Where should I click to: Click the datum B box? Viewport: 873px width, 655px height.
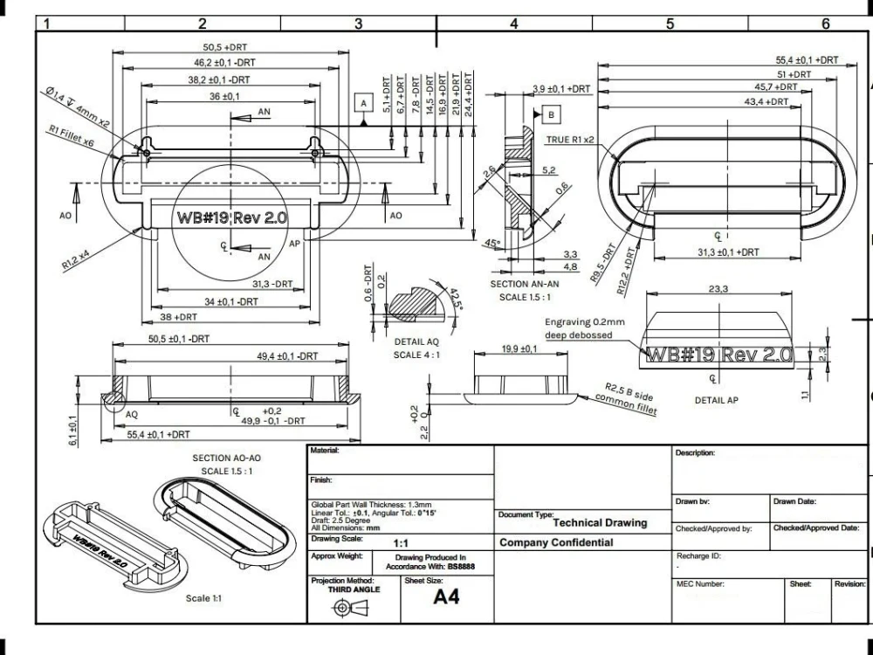point(552,114)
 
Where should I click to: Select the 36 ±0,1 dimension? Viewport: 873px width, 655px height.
point(225,97)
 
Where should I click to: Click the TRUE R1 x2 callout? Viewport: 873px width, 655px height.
point(570,140)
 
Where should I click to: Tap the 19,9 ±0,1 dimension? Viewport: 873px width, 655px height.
point(519,349)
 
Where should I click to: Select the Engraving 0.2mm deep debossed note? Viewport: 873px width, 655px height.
point(584,328)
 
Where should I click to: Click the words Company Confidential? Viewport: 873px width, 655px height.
point(556,542)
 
